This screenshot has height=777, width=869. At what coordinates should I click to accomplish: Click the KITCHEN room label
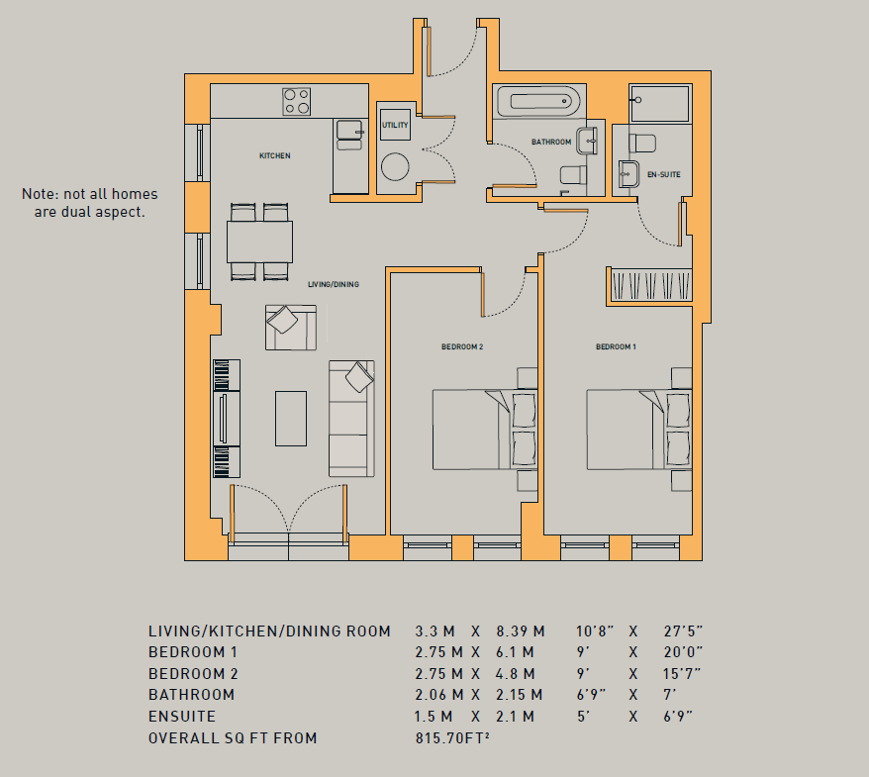point(275,155)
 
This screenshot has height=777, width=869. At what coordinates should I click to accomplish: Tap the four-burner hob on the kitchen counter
point(297,101)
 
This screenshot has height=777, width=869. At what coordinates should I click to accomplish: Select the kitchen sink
point(349,136)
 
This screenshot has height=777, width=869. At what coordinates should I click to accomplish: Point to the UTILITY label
point(395,126)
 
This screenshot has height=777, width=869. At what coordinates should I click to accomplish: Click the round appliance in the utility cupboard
point(395,166)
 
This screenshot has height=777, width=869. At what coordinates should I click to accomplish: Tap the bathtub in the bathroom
point(538,101)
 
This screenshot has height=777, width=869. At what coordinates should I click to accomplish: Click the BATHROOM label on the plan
point(551,142)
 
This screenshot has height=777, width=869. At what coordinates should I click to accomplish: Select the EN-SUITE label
point(663,174)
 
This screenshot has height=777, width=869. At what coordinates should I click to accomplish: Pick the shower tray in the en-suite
point(660,103)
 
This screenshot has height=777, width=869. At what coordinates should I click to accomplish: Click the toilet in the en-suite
point(642,143)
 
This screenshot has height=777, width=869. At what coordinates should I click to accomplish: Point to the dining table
point(259,242)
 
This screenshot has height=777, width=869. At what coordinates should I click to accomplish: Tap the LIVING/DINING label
point(334,284)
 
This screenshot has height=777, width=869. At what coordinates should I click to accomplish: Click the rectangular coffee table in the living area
point(291,419)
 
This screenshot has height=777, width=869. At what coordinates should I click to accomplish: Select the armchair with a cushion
point(291,327)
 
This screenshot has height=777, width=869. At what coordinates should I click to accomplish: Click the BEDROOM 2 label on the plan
point(462,347)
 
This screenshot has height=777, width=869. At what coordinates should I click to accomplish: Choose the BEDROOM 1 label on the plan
point(616,347)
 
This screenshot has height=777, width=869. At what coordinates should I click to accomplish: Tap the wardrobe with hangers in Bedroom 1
point(650,285)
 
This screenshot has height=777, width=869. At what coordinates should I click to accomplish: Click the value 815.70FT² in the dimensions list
point(452,737)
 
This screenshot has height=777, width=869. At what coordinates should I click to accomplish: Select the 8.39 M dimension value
point(521,631)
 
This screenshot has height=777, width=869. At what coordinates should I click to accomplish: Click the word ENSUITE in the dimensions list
point(182,716)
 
